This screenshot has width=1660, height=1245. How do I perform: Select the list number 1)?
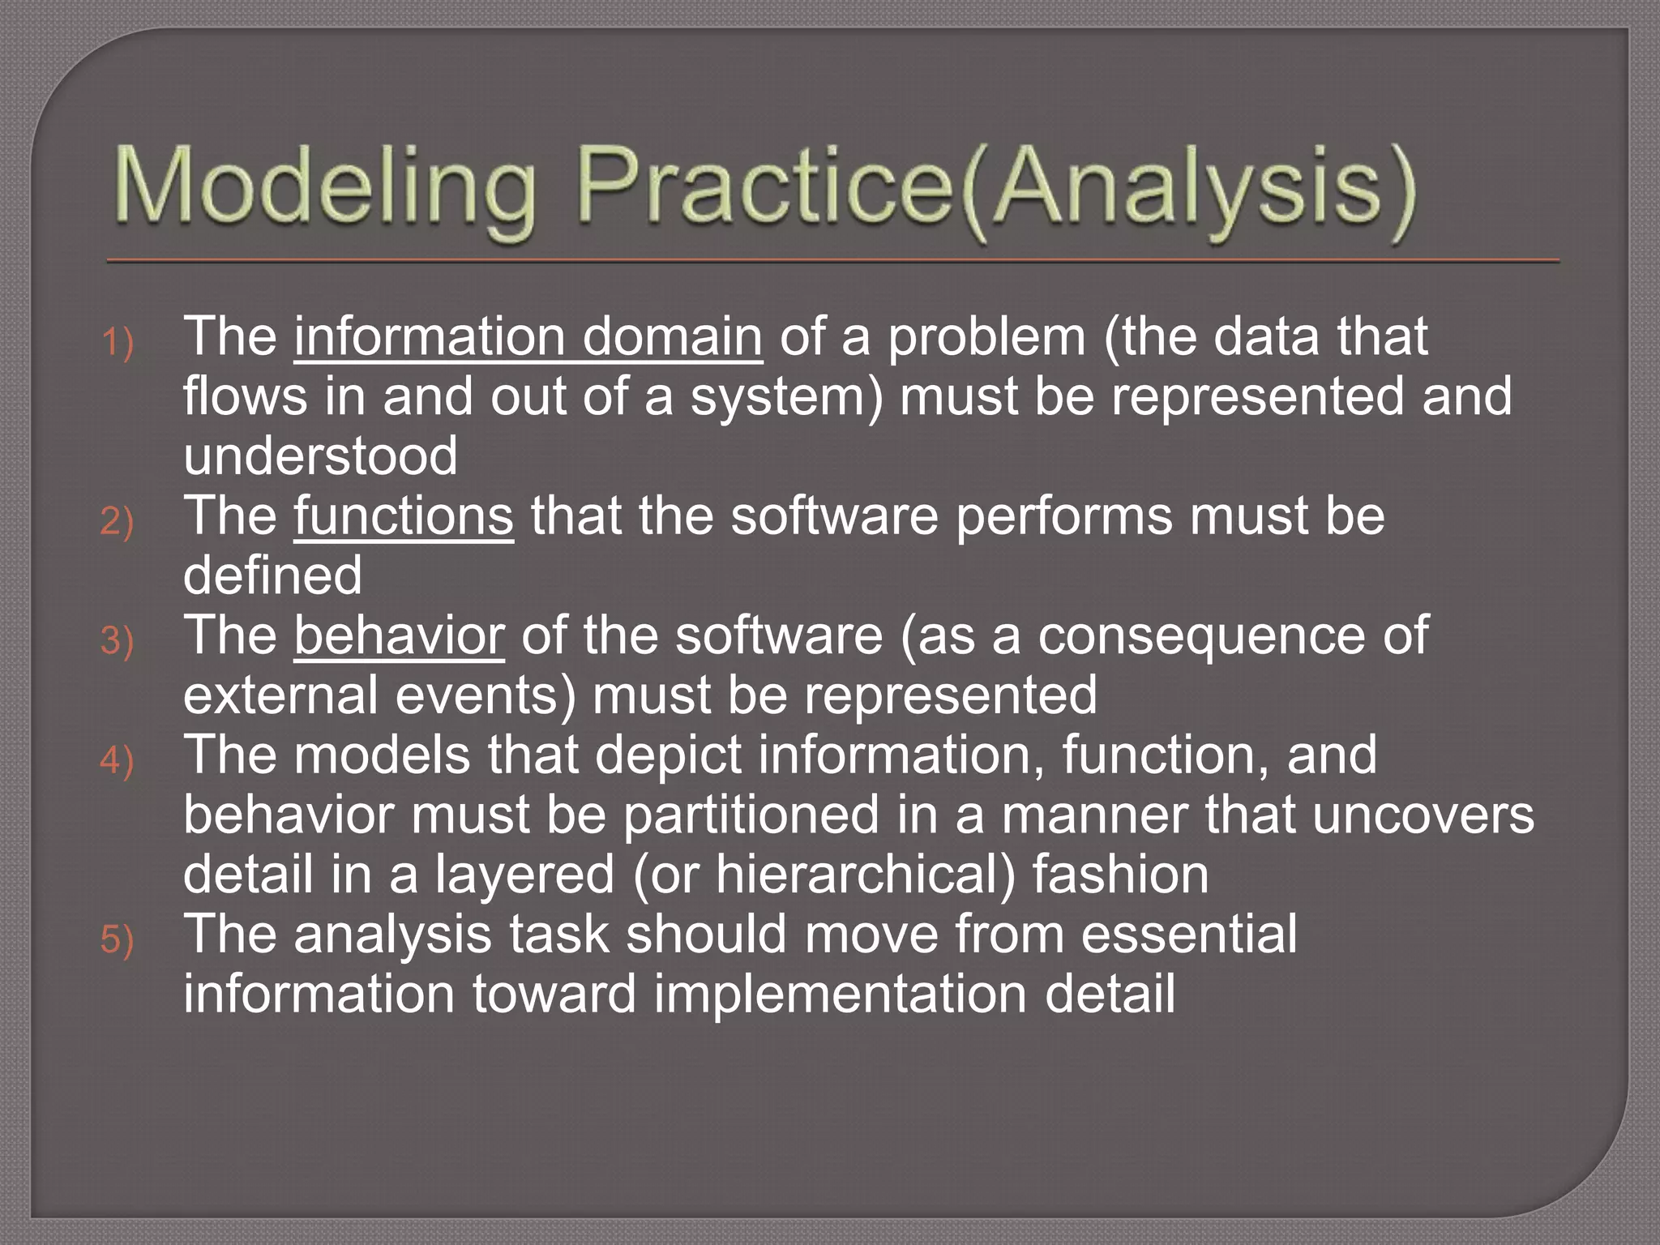click(x=118, y=341)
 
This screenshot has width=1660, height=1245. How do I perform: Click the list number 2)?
click(x=118, y=520)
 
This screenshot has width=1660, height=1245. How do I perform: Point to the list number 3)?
click(x=118, y=640)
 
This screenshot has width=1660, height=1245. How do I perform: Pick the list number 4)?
click(x=118, y=760)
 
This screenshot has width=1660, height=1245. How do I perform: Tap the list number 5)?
click(x=118, y=939)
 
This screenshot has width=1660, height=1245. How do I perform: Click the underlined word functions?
click(x=403, y=516)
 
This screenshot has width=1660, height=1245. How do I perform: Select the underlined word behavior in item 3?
click(x=399, y=635)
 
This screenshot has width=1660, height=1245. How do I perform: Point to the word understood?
click(x=320, y=456)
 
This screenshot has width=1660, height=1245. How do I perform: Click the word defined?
click(x=272, y=575)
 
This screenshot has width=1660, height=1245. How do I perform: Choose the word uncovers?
click(x=1423, y=815)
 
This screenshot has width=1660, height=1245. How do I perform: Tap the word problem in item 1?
click(x=986, y=336)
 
